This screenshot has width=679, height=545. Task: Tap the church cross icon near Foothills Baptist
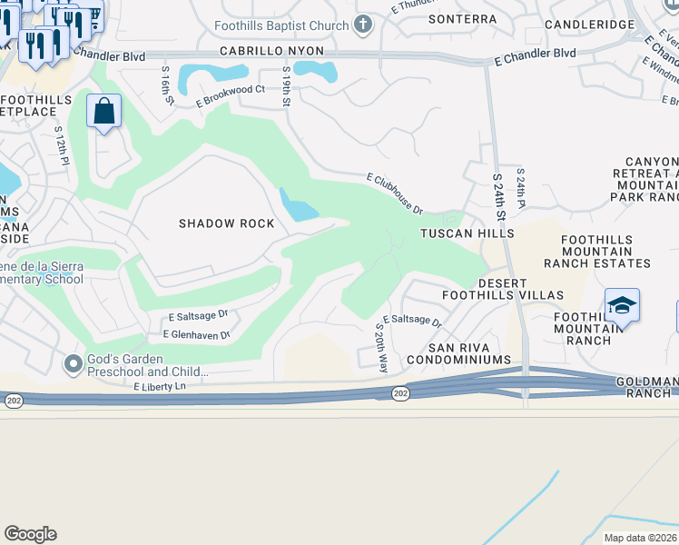click(x=363, y=25)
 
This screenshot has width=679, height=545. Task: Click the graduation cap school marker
click(x=623, y=306)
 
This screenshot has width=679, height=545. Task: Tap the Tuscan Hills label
click(x=467, y=233)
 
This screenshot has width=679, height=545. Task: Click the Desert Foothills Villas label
click(x=503, y=289)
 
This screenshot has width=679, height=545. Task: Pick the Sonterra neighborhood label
click(x=462, y=19)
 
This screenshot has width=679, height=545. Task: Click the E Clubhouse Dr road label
click(x=395, y=194)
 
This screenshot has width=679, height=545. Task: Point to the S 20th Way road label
click(x=381, y=346)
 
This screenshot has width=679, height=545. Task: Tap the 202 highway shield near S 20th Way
click(x=400, y=392)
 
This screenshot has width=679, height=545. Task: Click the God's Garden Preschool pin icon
click(x=72, y=364)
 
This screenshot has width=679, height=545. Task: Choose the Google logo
click(x=31, y=533)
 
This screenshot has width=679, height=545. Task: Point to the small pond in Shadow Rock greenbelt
click(x=298, y=206)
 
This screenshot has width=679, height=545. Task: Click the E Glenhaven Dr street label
click(x=196, y=335)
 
